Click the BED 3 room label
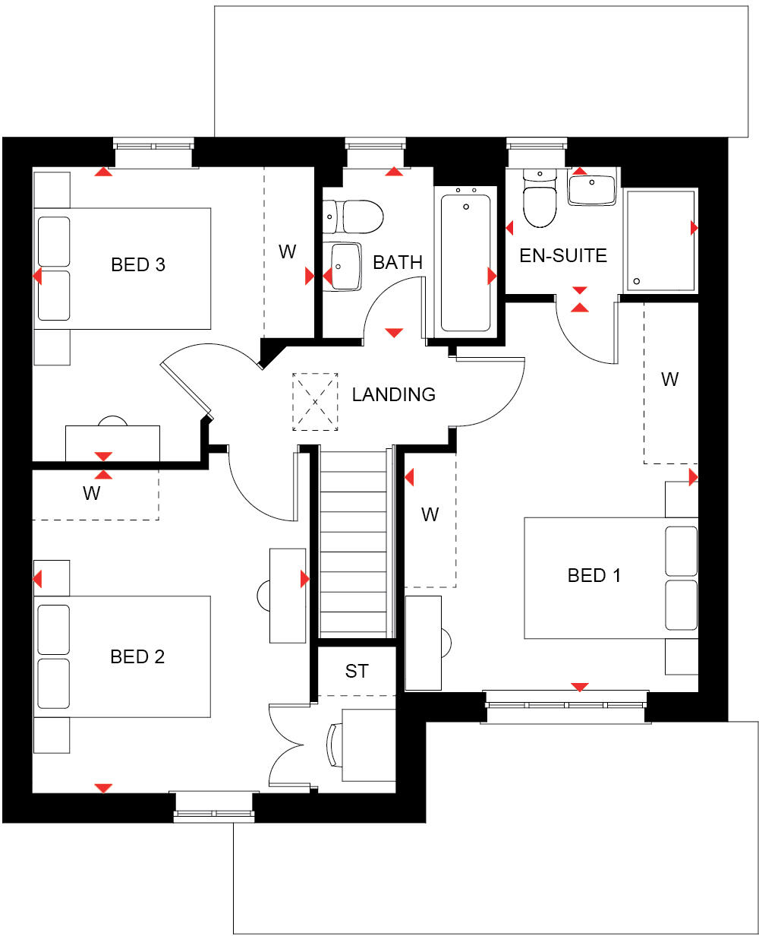[138, 265]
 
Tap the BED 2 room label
[137, 656]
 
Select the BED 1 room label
[594, 575]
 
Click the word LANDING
[393, 394]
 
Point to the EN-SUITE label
[563, 255]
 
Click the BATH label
[398, 263]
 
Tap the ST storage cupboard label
[357, 671]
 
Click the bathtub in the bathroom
[465, 261]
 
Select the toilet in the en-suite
[540, 201]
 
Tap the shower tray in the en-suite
[660, 241]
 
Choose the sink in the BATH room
[343, 267]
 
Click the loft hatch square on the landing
[316, 402]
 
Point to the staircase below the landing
[353, 543]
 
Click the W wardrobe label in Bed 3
[287, 252]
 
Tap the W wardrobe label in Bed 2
[92, 494]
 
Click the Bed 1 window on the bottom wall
[566, 706]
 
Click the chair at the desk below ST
[332, 745]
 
